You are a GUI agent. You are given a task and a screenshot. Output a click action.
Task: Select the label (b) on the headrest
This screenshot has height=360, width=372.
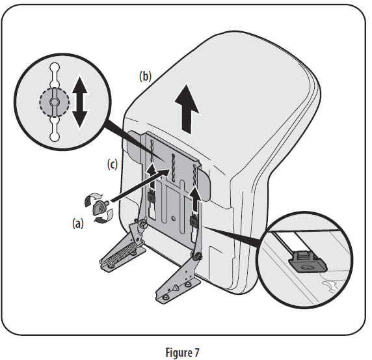145,76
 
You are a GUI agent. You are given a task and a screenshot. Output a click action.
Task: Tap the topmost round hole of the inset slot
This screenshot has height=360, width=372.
55,68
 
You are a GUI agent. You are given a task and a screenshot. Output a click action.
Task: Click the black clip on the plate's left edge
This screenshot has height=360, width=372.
150,197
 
